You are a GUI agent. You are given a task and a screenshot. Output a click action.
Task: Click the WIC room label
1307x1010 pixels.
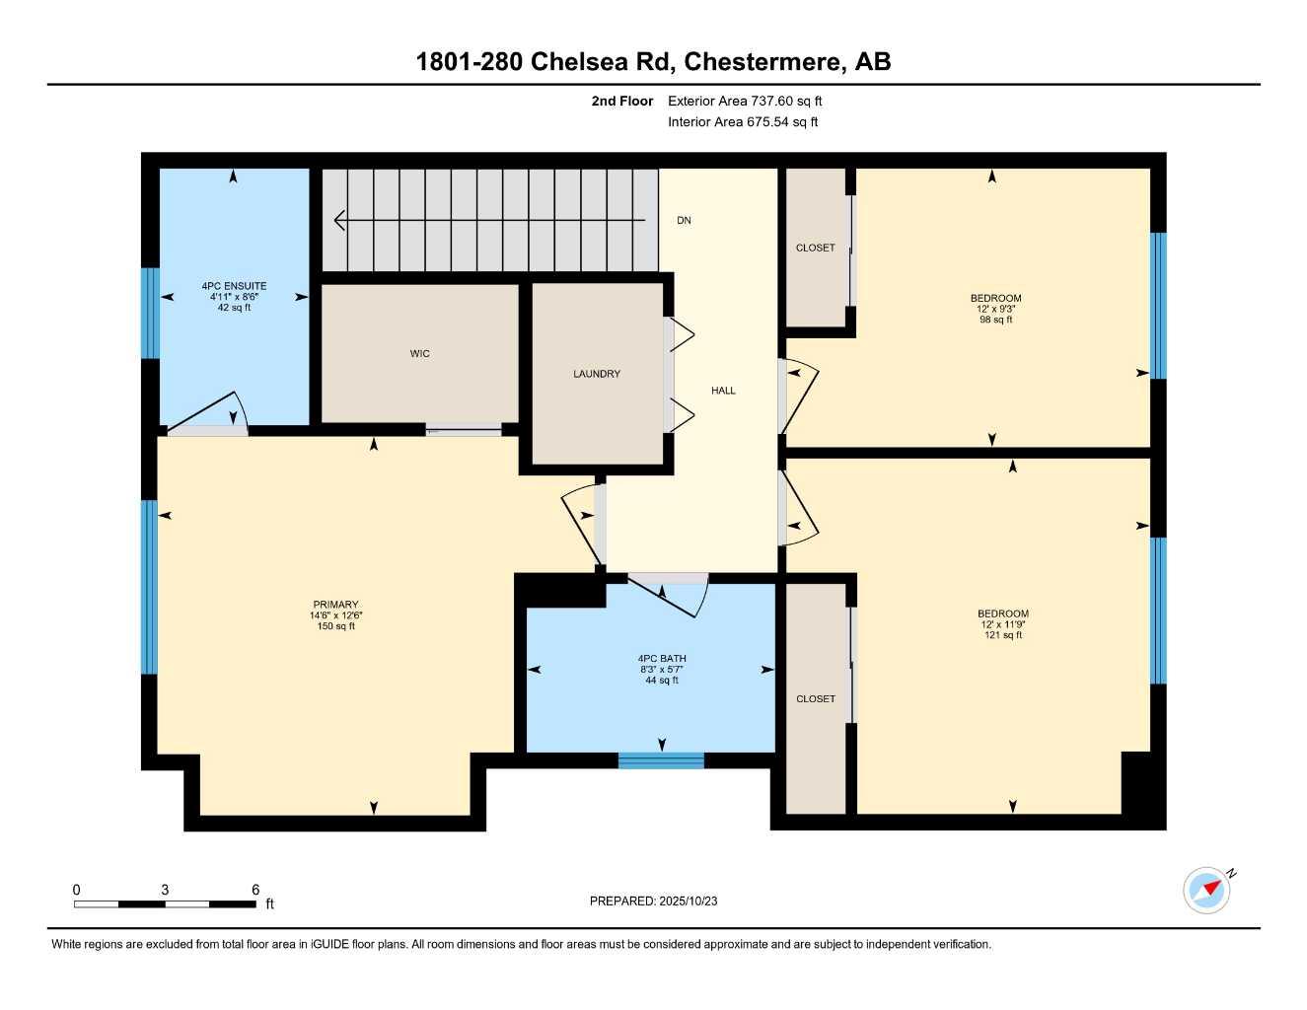pos(419,354)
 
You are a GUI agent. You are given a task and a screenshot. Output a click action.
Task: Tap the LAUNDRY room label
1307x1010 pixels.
pos(597,374)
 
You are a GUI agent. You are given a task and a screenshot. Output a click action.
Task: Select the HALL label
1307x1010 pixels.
pos(723,391)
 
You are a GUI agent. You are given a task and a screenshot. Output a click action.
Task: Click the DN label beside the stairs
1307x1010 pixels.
pos(684,221)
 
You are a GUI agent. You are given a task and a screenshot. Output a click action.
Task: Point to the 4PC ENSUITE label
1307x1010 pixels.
pos(234,287)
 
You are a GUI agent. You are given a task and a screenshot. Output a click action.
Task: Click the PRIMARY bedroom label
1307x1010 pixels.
pos(335,605)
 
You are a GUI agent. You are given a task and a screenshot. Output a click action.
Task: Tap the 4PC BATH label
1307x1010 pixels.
pos(662,659)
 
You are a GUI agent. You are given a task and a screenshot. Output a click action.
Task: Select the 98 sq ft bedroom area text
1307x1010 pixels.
pos(995,320)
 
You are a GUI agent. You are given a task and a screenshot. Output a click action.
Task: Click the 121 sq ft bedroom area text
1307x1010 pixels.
pos(1003,635)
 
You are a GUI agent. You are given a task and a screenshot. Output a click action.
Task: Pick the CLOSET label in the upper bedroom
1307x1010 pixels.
pos(815,249)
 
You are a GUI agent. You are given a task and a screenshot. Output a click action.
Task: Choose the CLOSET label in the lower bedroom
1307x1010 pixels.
pos(815,699)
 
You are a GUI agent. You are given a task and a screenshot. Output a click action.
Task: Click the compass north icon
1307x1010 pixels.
pos(1207,890)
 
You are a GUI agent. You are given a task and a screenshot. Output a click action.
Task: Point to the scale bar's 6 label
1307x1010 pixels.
pos(254,890)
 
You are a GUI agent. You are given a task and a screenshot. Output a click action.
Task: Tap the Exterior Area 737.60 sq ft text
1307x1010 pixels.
pos(745,101)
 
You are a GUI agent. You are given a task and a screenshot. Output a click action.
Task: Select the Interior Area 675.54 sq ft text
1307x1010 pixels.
pos(743,122)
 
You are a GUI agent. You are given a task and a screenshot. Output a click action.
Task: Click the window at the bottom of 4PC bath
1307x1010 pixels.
pos(661,760)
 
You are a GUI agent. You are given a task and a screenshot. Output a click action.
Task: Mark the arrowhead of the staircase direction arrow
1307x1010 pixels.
pos(339,221)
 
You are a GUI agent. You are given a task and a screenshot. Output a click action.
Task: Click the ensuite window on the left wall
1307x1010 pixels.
pos(150,313)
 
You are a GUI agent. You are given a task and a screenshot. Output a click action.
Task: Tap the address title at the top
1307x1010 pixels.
pos(653,61)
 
